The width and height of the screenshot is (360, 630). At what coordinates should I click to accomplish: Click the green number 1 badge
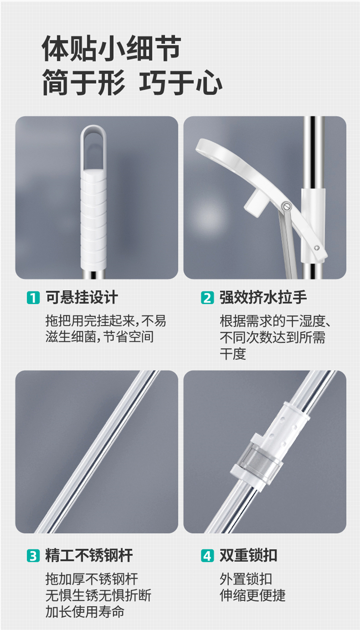[x=33, y=298]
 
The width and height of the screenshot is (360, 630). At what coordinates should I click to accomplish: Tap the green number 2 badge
[x=207, y=298]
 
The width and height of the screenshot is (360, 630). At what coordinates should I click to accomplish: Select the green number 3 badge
[x=33, y=556]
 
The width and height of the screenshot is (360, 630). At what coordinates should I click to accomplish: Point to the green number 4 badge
[x=207, y=556]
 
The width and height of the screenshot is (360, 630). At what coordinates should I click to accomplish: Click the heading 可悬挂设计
[x=82, y=297]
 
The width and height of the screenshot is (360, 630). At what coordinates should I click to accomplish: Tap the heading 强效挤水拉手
[x=263, y=297]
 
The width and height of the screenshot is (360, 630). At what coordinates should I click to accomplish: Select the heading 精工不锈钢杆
[x=89, y=556]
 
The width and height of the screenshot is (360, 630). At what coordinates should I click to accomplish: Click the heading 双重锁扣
[x=248, y=556]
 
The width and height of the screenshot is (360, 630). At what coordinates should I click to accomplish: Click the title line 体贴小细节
[x=111, y=48]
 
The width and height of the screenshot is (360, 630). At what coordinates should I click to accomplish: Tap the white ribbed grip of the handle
[x=94, y=219]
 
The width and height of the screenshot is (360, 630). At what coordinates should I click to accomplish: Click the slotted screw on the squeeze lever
[x=286, y=206]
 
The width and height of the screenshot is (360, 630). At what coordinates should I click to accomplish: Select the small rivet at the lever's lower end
[x=317, y=248]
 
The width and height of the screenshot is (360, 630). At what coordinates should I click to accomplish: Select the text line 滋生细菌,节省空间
[x=99, y=337]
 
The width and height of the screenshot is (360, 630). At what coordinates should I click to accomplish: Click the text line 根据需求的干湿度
[x=276, y=321]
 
